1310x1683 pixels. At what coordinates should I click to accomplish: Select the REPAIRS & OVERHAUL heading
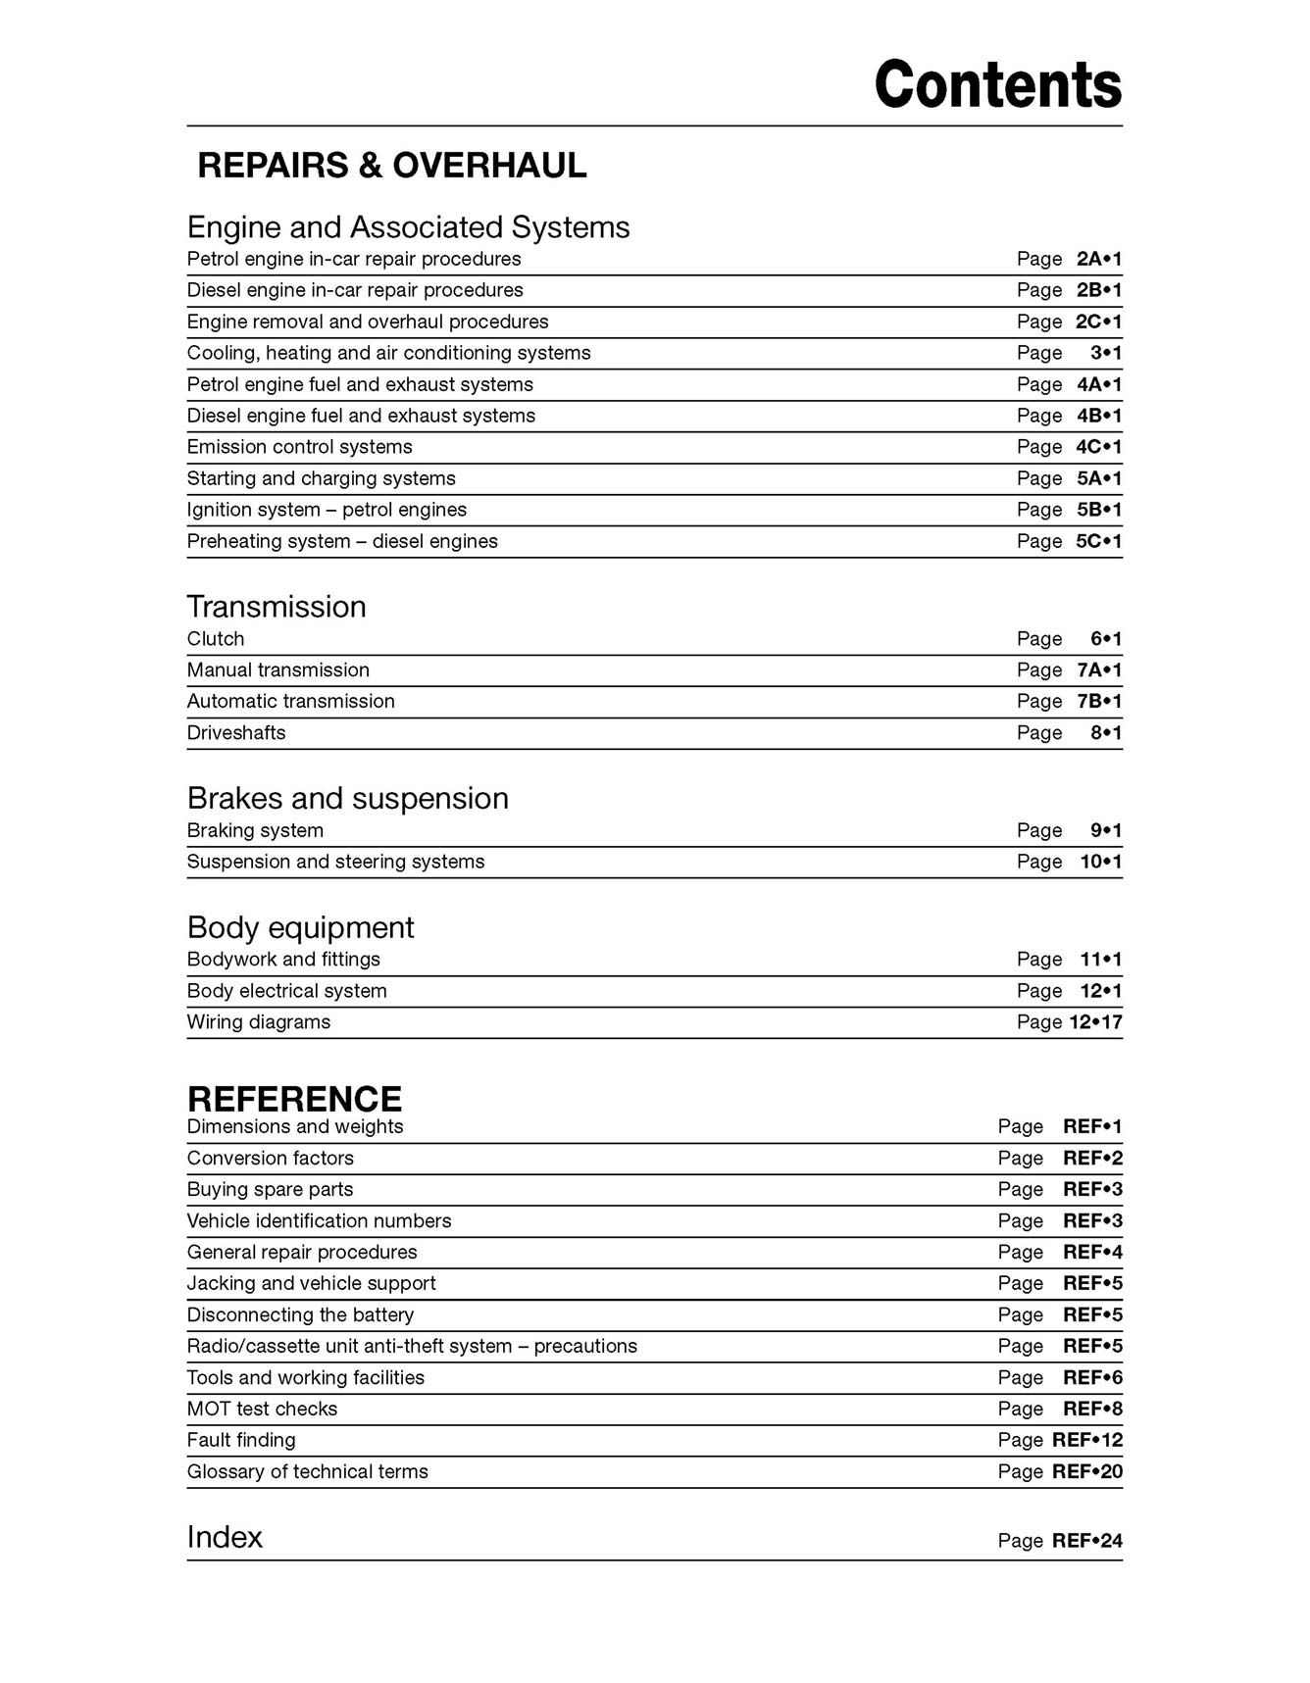(x=391, y=166)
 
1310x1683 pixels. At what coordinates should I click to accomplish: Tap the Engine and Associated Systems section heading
(x=408, y=227)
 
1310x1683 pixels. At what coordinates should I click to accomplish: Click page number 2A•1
(x=1098, y=260)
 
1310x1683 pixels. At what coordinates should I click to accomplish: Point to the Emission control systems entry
(x=299, y=447)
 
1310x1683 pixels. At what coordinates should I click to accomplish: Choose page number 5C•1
(x=1098, y=541)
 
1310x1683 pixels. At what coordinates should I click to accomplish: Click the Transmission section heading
(x=276, y=607)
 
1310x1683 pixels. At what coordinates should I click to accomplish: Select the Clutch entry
(x=215, y=639)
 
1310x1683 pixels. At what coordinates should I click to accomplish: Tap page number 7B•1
(x=1098, y=702)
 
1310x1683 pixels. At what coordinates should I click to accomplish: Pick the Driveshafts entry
(x=235, y=733)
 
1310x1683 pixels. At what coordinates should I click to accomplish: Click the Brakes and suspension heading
(x=347, y=799)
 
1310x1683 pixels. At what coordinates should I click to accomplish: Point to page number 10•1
(x=1100, y=862)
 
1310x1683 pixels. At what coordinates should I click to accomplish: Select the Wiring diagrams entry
(x=258, y=1022)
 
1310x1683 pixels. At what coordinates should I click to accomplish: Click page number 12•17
(x=1095, y=1022)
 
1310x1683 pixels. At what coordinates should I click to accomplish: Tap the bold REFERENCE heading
(x=294, y=1099)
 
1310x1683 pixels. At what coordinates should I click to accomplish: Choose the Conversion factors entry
(x=270, y=1159)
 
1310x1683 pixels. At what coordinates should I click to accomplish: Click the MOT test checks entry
(x=262, y=1410)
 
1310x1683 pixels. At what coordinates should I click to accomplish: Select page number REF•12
(x=1086, y=1441)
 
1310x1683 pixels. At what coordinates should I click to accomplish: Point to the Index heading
(x=225, y=1537)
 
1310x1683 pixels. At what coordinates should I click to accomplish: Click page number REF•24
(x=1086, y=1541)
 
